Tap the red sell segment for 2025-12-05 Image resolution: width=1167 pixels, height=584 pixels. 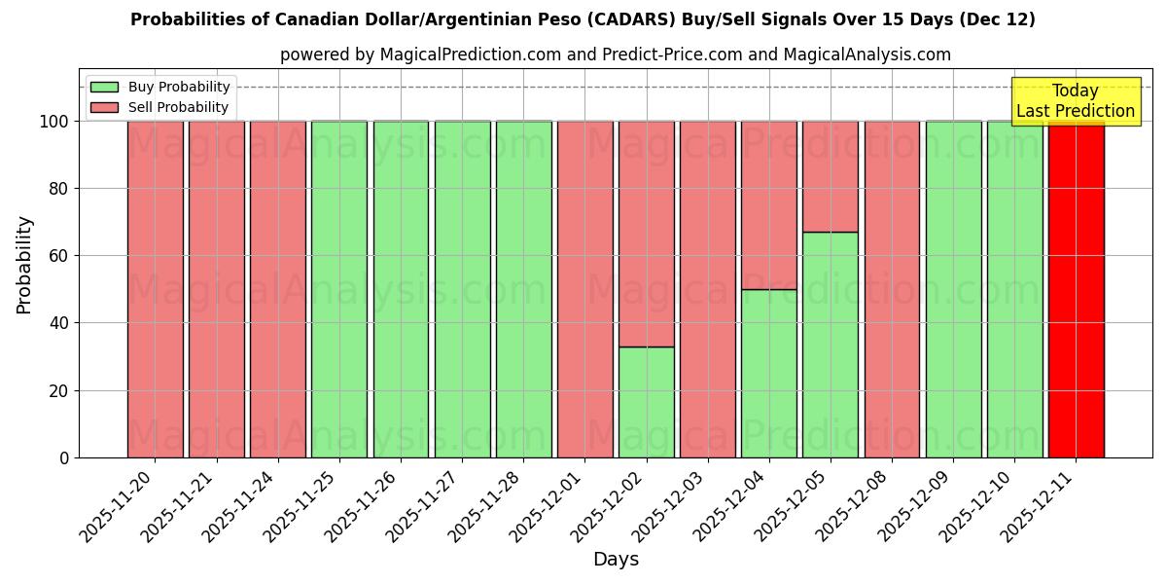click(x=831, y=176)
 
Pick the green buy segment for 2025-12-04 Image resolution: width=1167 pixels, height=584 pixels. click(x=769, y=373)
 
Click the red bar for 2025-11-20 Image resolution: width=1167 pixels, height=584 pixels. click(x=156, y=289)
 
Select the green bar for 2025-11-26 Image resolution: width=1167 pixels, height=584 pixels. click(x=401, y=289)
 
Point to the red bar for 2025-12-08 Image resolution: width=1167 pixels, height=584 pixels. click(x=892, y=289)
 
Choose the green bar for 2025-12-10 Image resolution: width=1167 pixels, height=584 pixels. click(x=1014, y=289)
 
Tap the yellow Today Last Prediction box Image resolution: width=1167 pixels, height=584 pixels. click(x=1075, y=101)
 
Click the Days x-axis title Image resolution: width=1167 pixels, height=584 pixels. click(x=616, y=560)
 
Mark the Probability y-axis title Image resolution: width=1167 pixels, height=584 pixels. click(x=24, y=265)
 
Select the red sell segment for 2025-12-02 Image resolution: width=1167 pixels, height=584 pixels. click(x=647, y=234)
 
